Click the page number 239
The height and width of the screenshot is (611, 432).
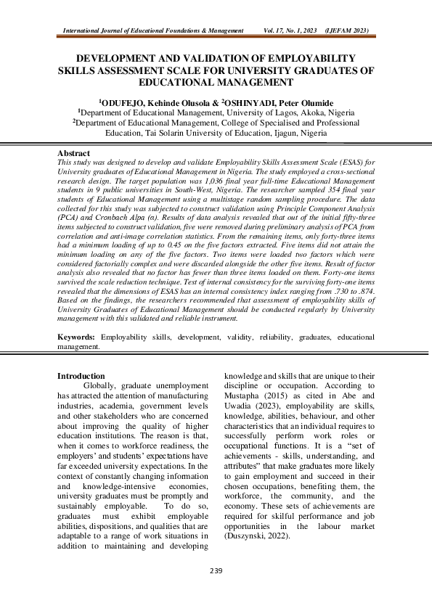click(216, 572)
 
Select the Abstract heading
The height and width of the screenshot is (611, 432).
click(73, 154)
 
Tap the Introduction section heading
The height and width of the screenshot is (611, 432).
click(81, 376)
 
